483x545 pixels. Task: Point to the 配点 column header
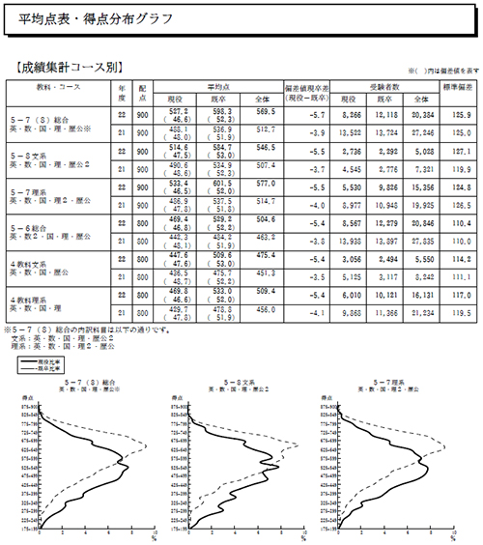(141, 93)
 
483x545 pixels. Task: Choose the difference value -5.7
(311, 114)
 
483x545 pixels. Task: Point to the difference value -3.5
(311, 275)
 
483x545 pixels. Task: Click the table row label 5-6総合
(29, 227)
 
